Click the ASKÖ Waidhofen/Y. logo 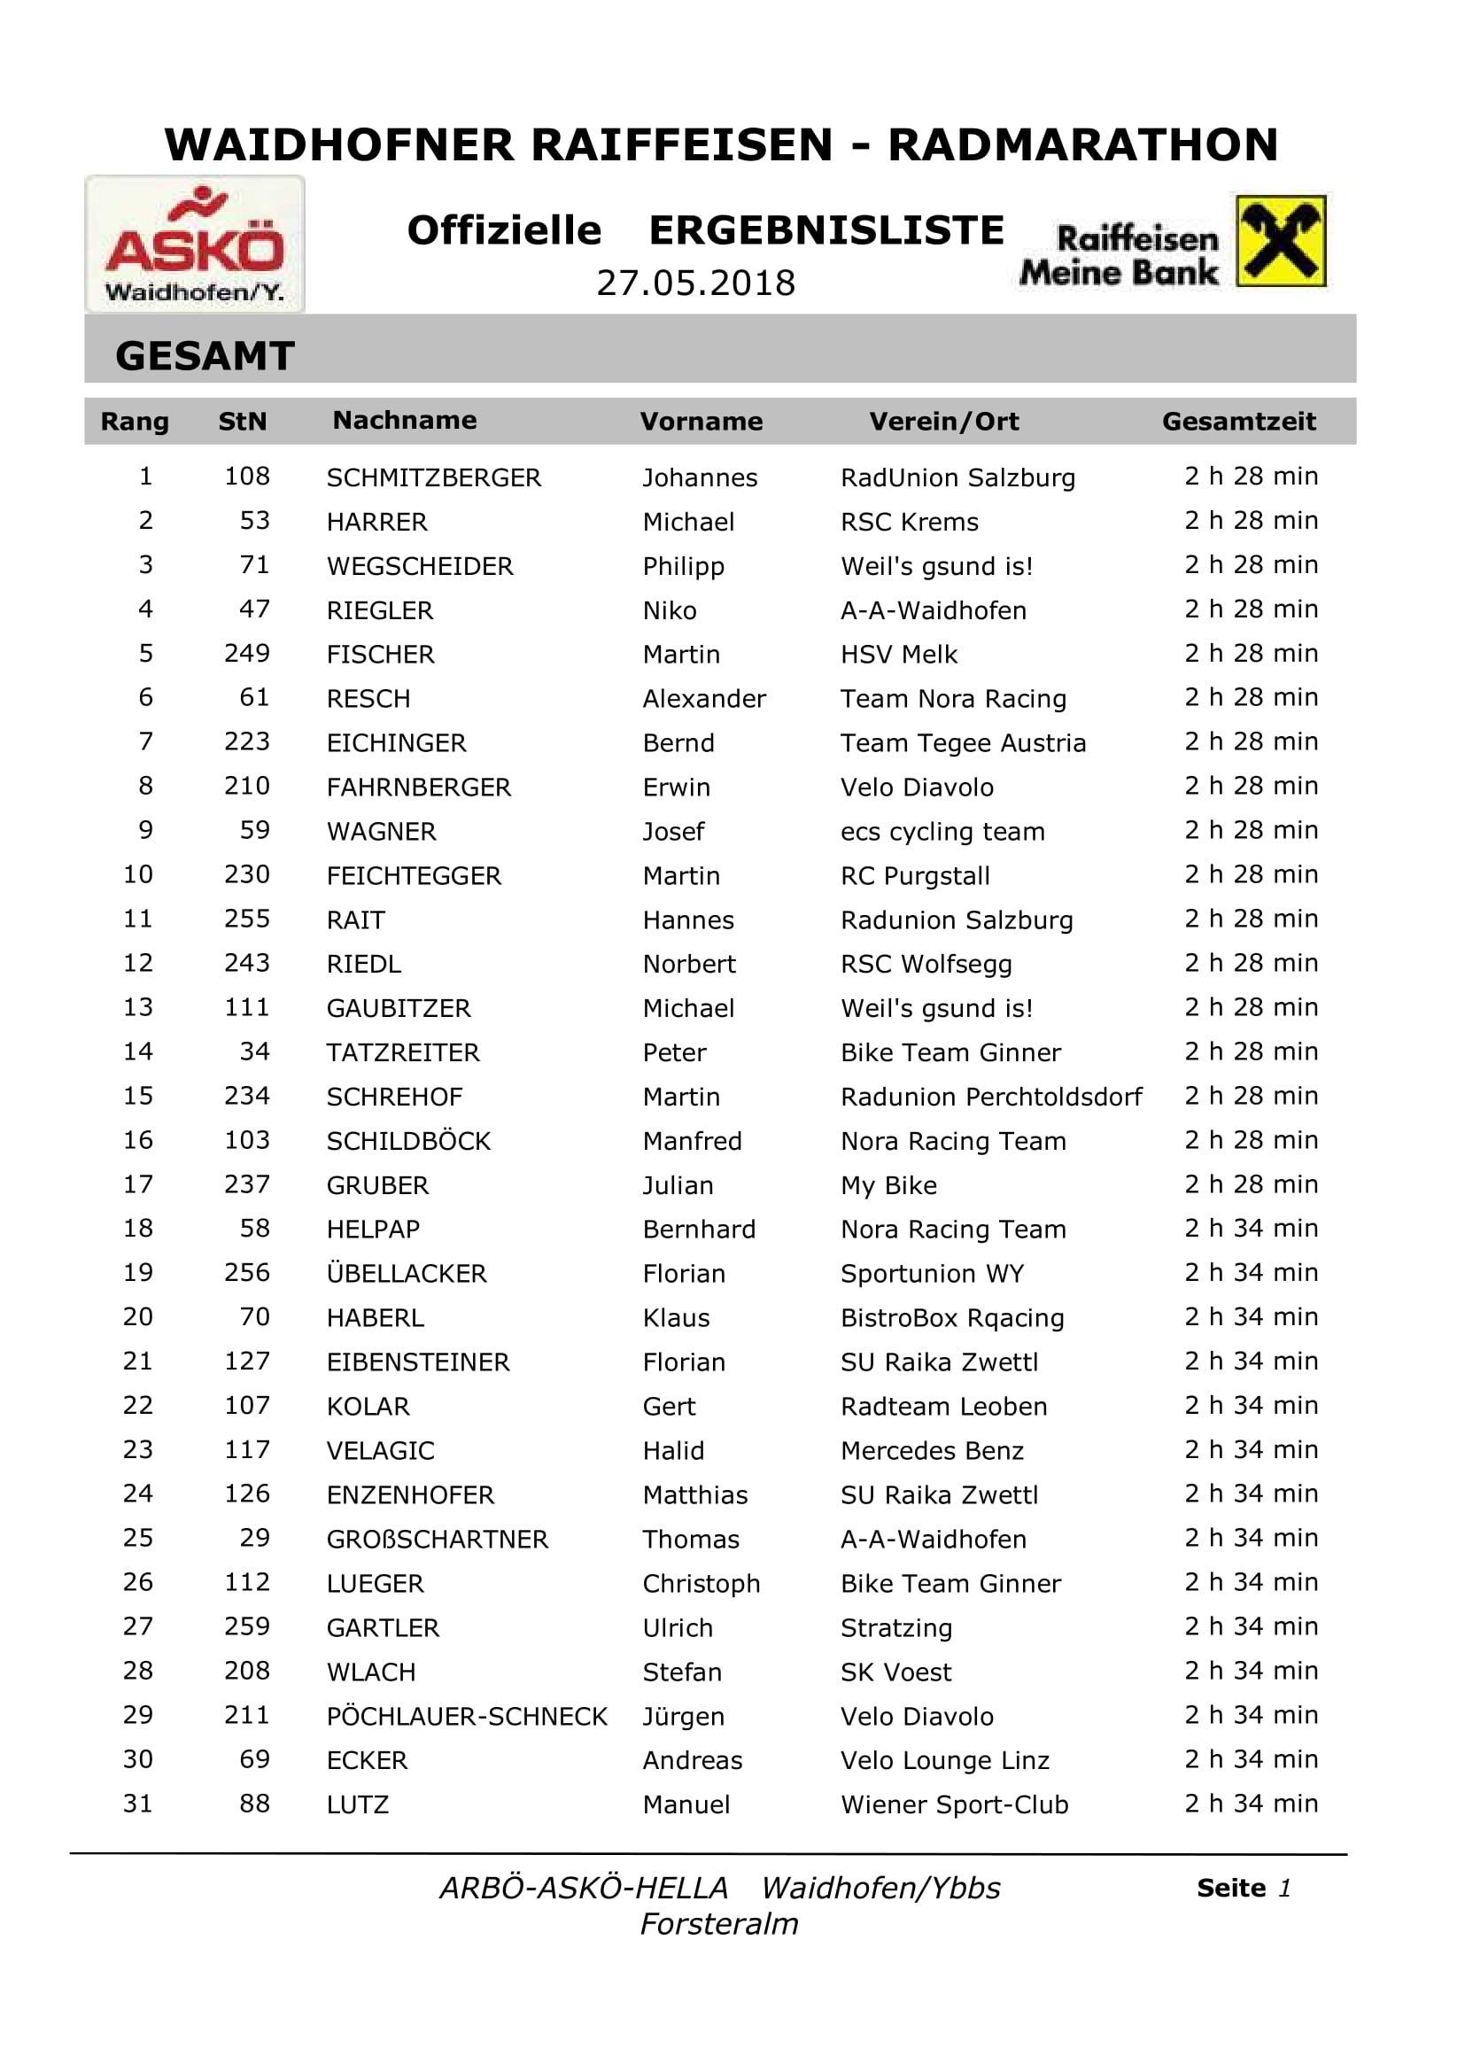point(195,244)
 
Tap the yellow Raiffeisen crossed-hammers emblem point(1280,241)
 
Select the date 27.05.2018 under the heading point(695,283)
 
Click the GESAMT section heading point(205,355)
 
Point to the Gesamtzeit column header point(1237,422)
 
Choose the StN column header point(242,422)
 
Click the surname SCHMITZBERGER point(433,477)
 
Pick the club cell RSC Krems point(909,522)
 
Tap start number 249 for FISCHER point(246,654)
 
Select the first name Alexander point(703,698)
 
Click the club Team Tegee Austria point(963,742)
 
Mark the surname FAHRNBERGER point(419,787)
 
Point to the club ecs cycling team point(942,831)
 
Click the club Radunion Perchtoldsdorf point(990,1097)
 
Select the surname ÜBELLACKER point(406,1273)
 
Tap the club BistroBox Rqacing point(951,1317)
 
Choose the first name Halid point(673,1450)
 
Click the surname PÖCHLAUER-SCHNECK point(467,1716)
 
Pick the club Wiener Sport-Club point(954,1804)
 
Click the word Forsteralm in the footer point(719,1924)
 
